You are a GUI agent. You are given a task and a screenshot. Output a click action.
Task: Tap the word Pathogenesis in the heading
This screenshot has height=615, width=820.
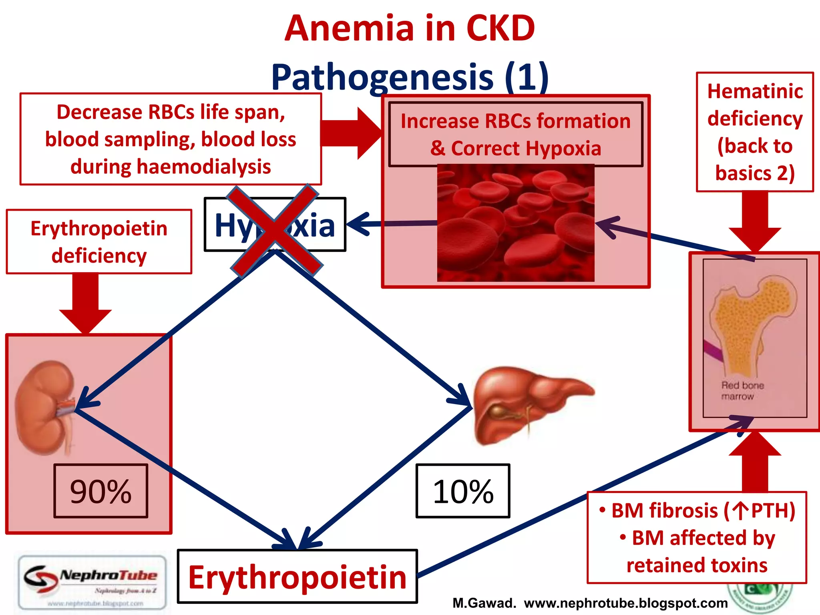pos(382,77)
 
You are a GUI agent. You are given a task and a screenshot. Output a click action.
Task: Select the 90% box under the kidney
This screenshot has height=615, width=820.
pos(101,491)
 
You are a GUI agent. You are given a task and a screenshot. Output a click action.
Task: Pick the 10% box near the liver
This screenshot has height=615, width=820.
pos(463,491)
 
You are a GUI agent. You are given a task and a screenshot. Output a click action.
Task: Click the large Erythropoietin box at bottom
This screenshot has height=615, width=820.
pos(297,577)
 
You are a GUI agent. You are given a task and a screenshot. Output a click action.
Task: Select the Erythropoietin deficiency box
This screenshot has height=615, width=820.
pos(99,242)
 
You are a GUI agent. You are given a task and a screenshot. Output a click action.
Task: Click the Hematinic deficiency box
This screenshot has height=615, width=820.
pos(755,132)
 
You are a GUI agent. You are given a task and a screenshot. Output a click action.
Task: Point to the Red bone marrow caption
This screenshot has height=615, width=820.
pos(742,391)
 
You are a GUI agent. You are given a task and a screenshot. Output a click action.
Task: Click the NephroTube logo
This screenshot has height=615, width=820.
pos(92,583)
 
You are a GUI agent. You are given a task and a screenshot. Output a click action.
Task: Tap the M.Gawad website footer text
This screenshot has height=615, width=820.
pos(590,603)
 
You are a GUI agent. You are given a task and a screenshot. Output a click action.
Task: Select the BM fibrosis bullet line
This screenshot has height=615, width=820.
pos(697,511)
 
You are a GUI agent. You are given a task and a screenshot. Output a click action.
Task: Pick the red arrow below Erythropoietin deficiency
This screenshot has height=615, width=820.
pos(85,302)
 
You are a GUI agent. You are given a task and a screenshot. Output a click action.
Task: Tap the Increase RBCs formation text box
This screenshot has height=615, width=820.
pos(516,135)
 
